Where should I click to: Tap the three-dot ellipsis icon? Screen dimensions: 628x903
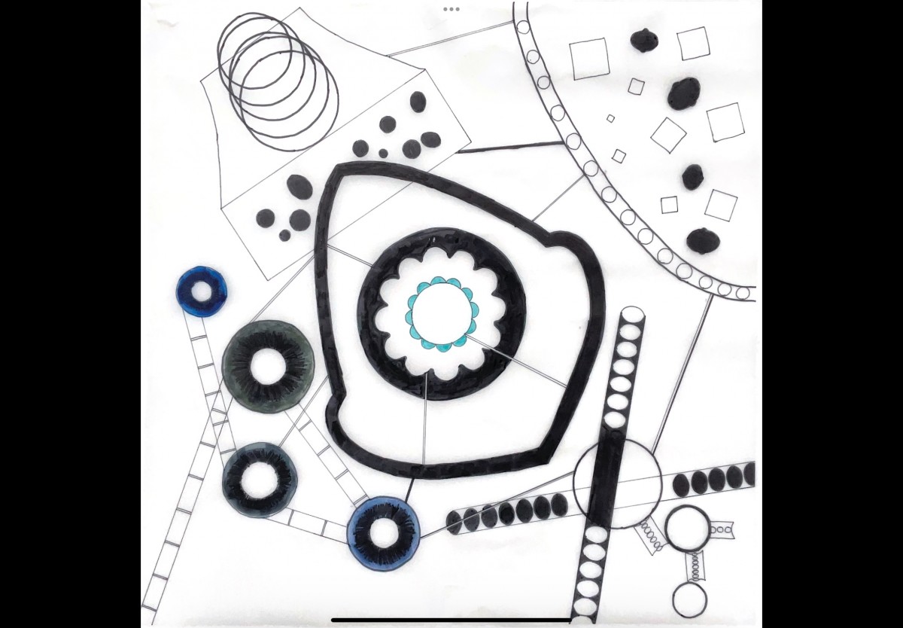pyautogui.click(x=451, y=9)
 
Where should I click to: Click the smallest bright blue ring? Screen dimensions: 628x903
pyautogui.click(x=202, y=289)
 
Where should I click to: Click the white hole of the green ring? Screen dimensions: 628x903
pyautogui.click(x=268, y=367)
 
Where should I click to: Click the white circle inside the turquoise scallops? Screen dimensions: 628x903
pyautogui.click(x=442, y=312)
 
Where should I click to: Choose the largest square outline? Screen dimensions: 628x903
pyautogui.click(x=589, y=59)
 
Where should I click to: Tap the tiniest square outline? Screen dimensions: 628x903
pyautogui.click(x=610, y=118)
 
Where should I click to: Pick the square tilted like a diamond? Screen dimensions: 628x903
pyautogui.click(x=668, y=135)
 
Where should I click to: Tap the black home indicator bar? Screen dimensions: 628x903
pyautogui.click(x=451, y=620)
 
